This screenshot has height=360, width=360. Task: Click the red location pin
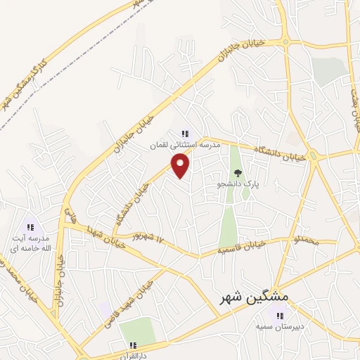(181, 165)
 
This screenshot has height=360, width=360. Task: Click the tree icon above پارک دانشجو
(238, 172)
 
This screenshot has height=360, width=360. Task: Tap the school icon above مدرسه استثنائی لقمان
(185, 133)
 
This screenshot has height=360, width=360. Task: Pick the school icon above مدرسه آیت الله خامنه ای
(30, 227)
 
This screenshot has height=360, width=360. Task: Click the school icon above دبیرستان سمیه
(280, 316)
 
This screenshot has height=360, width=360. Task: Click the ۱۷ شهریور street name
(153, 238)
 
